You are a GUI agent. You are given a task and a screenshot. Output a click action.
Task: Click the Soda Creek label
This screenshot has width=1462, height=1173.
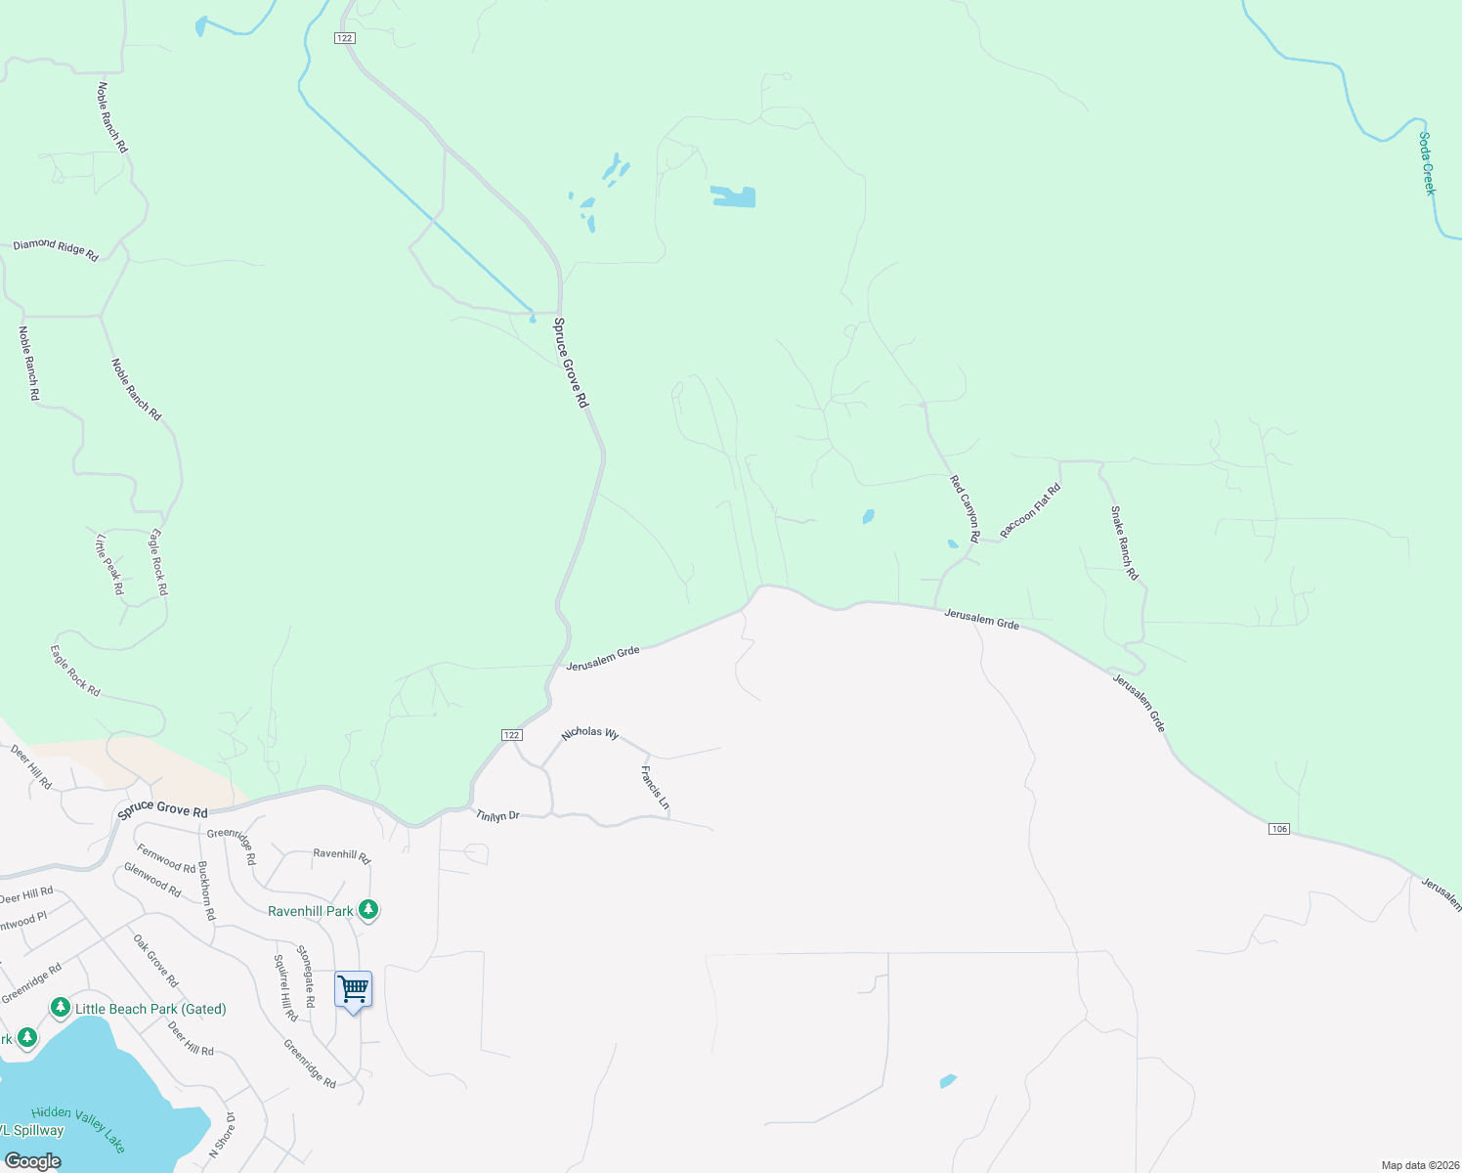click(x=1427, y=164)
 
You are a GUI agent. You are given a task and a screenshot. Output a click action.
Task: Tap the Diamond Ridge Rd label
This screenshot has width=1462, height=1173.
click(x=56, y=249)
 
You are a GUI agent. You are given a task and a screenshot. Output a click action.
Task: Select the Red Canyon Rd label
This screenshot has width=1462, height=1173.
click(x=965, y=508)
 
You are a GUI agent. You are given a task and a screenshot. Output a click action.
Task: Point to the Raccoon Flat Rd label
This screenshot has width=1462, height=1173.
click(x=1030, y=511)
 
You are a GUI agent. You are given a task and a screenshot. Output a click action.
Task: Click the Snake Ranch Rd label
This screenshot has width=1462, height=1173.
click(x=1124, y=543)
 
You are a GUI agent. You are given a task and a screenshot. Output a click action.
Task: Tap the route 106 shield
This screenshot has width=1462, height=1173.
click(x=1279, y=829)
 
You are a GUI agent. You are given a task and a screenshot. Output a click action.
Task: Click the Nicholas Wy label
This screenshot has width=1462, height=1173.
click(x=590, y=732)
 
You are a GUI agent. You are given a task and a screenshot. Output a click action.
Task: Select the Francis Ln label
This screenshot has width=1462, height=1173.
click(x=655, y=788)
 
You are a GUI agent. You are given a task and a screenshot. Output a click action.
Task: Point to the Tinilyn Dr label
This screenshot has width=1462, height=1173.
click(x=497, y=815)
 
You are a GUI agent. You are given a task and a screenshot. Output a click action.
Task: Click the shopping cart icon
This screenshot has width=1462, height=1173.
click(x=353, y=989)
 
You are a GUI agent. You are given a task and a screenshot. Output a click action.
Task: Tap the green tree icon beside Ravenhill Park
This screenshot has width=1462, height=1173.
click(x=368, y=910)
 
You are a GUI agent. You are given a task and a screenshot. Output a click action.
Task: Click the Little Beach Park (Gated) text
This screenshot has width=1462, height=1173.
click(x=150, y=1009)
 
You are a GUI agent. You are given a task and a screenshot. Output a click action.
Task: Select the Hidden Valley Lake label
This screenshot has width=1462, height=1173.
click(x=78, y=1127)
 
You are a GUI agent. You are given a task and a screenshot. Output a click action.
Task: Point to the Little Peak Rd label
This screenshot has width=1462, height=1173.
click(x=109, y=564)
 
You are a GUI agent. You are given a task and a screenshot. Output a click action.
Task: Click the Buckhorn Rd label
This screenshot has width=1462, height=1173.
click(x=206, y=891)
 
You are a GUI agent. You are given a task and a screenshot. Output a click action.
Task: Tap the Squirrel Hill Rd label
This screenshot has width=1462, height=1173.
click(x=285, y=988)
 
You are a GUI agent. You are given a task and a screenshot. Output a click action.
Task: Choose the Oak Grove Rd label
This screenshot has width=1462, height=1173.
click(x=156, y=961)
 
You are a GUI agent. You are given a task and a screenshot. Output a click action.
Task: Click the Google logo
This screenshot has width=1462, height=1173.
click(x=32, y=1161)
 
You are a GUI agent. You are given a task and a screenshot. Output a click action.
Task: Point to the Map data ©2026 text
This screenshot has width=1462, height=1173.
click(x=1418, y=1165)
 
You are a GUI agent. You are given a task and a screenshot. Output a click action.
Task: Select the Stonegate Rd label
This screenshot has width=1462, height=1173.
click(x=306, y=977)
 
